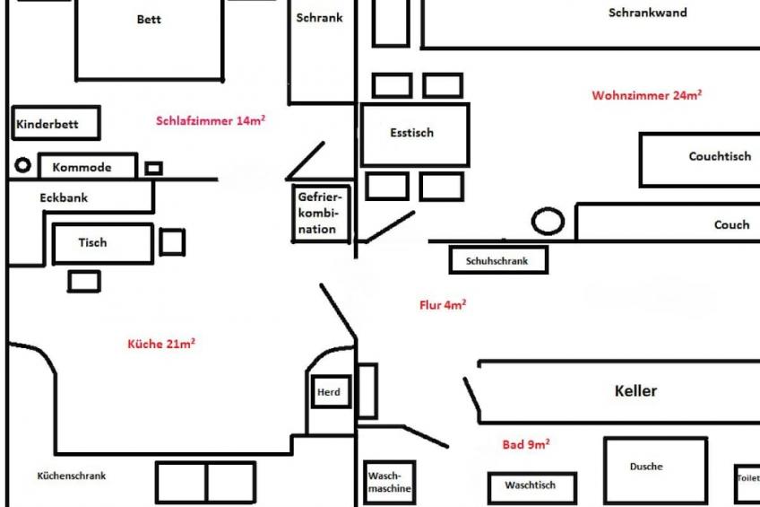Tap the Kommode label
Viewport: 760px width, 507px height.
(82, 168)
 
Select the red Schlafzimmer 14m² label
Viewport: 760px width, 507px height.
(211, 120)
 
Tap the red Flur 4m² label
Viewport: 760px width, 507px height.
(443, 304)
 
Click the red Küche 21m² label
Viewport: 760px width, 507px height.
(161, 344)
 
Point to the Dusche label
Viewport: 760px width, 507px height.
(646, 467)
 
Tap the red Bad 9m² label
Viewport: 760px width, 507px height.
(526, 444)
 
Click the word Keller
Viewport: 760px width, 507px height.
(635, 390)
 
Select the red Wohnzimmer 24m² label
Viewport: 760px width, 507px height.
(646, 94)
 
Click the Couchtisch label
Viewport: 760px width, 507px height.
(720, 156)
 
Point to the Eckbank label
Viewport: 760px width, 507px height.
(64, 197)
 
